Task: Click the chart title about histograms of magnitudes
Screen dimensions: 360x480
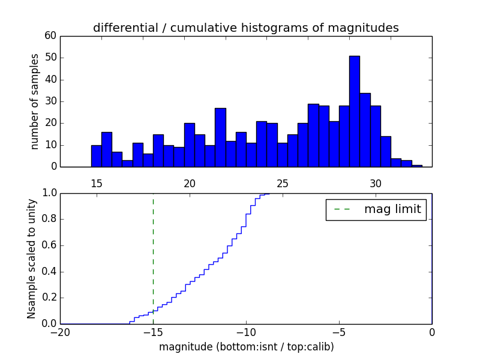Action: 245,28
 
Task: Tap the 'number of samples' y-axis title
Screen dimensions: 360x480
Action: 35,101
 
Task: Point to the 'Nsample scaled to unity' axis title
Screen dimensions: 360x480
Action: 32,258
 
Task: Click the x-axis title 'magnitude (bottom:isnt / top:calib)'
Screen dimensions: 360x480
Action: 246,347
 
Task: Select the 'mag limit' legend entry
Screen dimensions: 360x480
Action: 376,209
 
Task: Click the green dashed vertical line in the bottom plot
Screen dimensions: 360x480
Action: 153,252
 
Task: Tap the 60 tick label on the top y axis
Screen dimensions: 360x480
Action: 50,36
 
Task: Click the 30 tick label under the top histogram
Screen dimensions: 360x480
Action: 376,183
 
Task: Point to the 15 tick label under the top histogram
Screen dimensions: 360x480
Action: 97,183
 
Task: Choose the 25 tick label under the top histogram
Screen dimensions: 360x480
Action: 283,183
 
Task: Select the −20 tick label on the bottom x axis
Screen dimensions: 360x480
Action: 59,332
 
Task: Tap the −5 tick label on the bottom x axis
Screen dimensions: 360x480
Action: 338,332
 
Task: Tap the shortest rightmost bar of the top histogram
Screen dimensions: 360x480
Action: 417,166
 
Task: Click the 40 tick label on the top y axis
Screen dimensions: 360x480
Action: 50,80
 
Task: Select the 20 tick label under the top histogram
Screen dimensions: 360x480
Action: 190,183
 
